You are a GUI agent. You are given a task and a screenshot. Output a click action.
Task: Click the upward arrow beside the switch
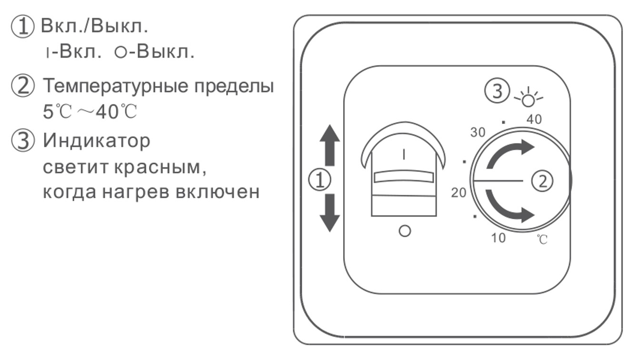[329, 144]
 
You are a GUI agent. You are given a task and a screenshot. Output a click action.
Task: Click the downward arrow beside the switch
[329, 213]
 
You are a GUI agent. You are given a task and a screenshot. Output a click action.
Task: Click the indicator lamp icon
[528, 98]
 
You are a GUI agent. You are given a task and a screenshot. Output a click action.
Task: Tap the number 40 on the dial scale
[534, 120]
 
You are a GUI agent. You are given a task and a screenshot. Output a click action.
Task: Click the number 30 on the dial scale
[478, 132]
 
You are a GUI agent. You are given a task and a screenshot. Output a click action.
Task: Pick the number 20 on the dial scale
[459, 193]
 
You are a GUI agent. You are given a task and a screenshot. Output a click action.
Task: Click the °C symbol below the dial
[542, 239]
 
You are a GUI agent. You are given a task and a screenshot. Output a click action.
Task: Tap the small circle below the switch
[405, 231]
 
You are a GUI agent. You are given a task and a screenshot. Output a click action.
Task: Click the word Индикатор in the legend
[97, 141]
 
